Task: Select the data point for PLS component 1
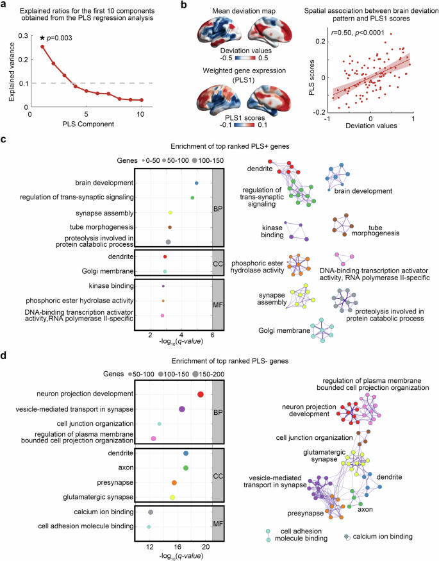tap(42, 46)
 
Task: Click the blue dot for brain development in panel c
tap(196, 183)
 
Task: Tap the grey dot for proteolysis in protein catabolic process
tap(168, 242)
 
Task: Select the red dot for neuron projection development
tap(201, 395)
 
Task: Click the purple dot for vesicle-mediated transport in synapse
tap(182, 409)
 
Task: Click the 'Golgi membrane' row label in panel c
tap(110, 272)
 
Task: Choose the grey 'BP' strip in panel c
tap(217, 208)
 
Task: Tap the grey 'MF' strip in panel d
tap(217, 519)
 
